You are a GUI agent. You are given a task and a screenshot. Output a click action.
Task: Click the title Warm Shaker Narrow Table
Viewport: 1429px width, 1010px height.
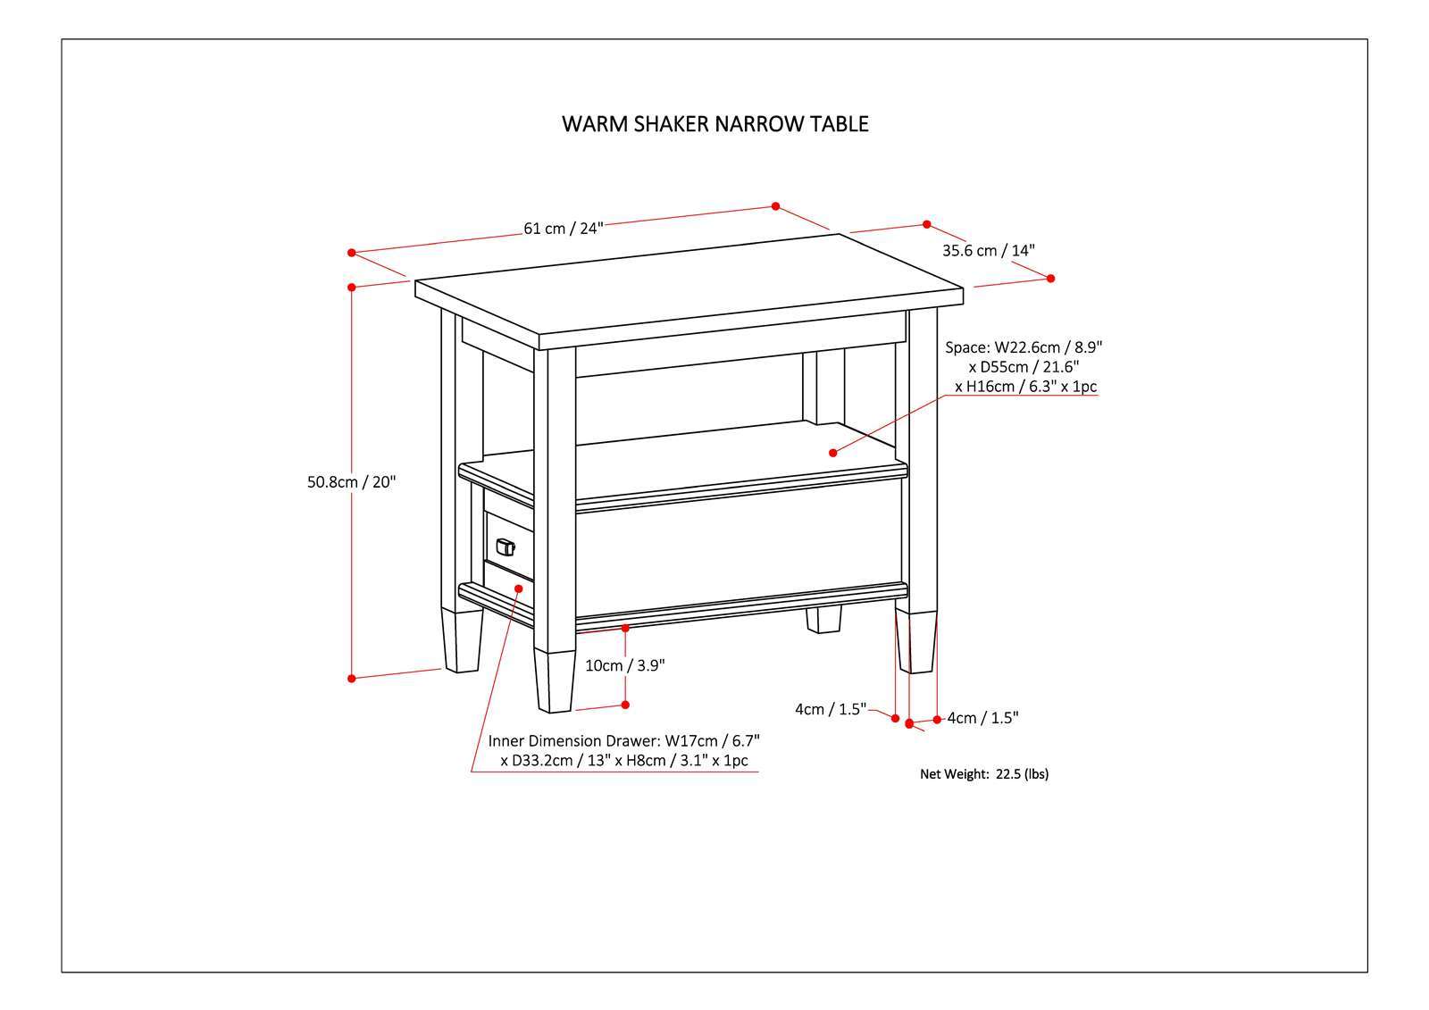(x=714, y=123)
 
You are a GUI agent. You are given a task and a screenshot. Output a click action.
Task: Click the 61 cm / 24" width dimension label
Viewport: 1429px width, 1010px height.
(x=564, y=228)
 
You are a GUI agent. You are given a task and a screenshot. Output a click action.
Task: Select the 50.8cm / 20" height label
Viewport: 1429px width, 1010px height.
(x=351, y=482)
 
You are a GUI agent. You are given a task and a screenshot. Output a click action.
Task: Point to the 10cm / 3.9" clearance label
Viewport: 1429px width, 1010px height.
(x=625, y=665)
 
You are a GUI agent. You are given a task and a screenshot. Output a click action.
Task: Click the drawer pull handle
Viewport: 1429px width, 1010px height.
(x=506, y=547)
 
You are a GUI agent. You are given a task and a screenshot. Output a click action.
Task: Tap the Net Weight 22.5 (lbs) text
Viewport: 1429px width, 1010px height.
(x=984, y=774)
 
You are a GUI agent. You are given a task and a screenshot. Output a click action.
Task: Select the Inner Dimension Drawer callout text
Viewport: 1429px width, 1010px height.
(x=623, y=751)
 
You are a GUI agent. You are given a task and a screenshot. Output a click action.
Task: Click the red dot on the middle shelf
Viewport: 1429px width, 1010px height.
(x=832, y=453)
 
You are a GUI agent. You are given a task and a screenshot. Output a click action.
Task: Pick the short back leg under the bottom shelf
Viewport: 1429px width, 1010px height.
(x=823, y=619)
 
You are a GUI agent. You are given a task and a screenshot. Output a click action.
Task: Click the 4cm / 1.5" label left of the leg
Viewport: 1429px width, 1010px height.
(x=831, y=709)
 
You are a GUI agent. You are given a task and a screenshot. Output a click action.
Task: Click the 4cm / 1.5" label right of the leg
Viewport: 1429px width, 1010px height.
(x=982, y=718)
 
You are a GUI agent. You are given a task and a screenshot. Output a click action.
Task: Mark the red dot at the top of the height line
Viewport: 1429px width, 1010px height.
(x=352, y=287)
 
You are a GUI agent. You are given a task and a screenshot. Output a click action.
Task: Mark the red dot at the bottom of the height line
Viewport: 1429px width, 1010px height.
(x=352, y=679)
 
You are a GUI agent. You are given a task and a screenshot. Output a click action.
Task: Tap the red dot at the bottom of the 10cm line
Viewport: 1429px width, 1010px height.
(x=625, y=705)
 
